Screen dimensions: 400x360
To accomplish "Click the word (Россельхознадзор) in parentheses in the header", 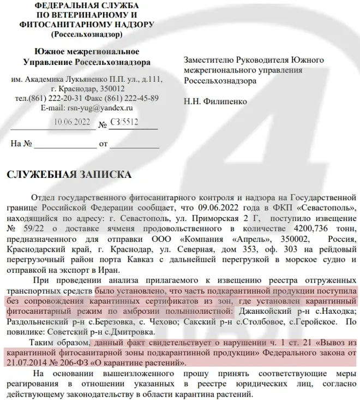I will pos(87,34).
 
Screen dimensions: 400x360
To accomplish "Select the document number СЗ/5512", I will pos(124,124).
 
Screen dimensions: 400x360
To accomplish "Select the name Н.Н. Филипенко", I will pos(215,102).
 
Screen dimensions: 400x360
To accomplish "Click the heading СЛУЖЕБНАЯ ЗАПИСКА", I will pos(68,175).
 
